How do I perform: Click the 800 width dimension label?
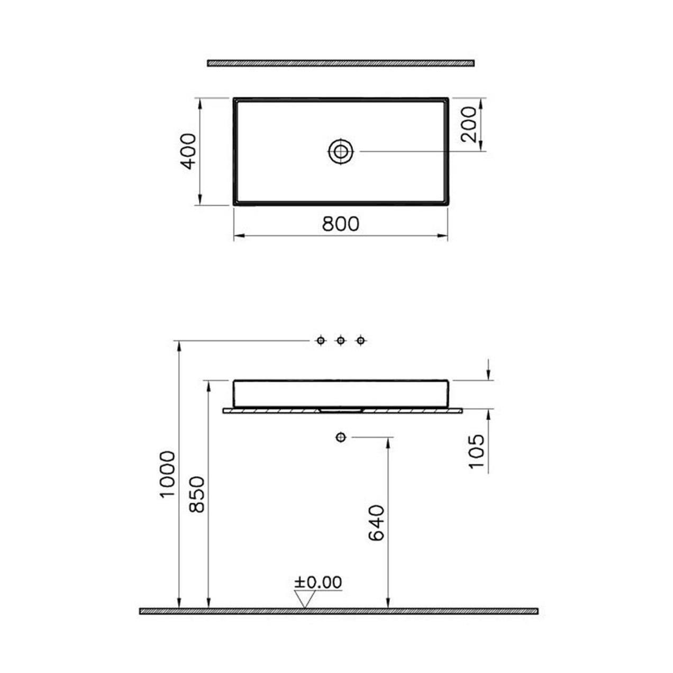(x=341, y=224)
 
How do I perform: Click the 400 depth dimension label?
(x=188, y=151)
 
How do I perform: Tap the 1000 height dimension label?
(x=167, y=474)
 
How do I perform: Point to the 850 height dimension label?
(x=197, y=494)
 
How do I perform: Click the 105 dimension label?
(x=476, y=451)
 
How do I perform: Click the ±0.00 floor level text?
(x=318, y=582)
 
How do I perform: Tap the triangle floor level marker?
(x=305, y=599)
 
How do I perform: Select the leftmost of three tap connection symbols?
(x=320, y=340)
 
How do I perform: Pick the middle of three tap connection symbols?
(x=341, y=340)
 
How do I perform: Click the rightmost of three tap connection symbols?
(x=361, y=340)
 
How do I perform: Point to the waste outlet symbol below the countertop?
(x=340, y=437)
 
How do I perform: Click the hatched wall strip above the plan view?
(x=340, y=63)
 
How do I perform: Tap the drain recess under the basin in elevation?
(x=341, y=410)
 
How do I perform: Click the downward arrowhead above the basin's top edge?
(x=488, y=375)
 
